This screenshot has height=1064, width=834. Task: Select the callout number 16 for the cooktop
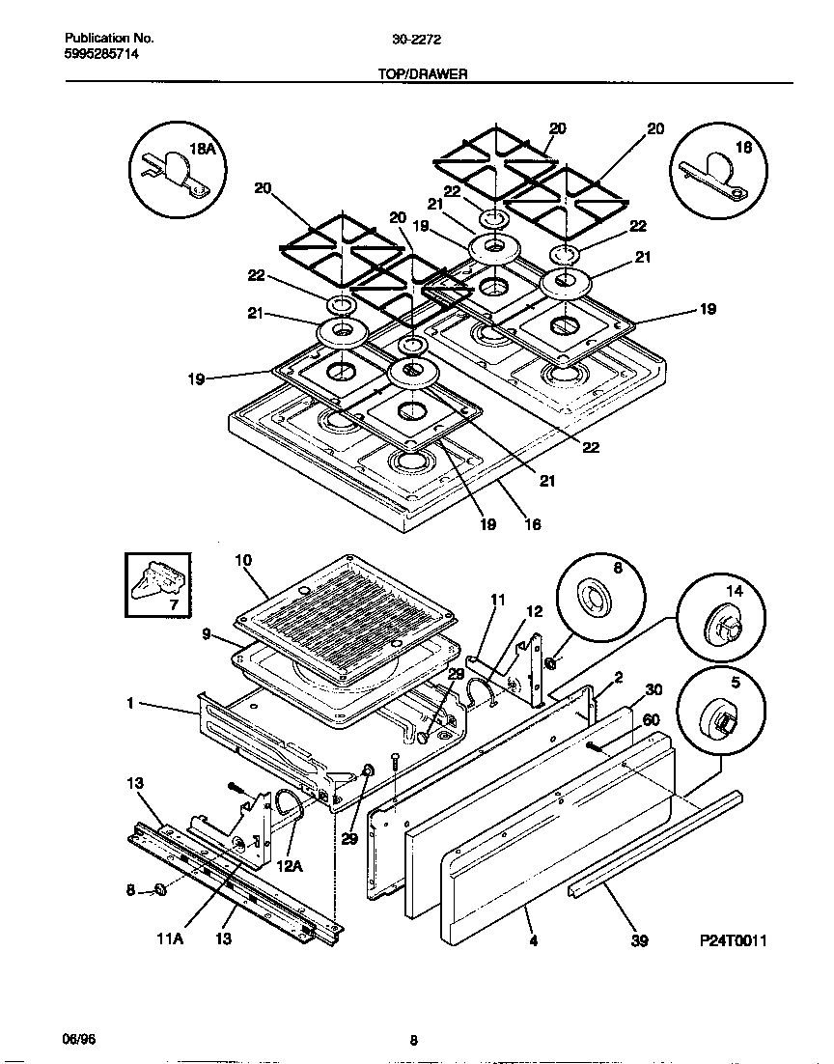pyautogui.click(x=532, y=525)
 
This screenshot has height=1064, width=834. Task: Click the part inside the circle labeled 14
pyautogui.click(x=723, y=628)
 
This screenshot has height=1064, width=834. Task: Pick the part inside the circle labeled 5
pyautogui.click(x=719, y=721)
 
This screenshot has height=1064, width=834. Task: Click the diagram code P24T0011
pyautogui.click(x=733, y=939)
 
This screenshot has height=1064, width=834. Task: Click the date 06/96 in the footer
pyautogui.click(x=79, y=1040)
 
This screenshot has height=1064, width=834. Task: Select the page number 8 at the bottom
pyautogui.click(x=413, y=1040)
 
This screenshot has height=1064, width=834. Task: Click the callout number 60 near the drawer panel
pyautogui.click(x=652, y=720)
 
